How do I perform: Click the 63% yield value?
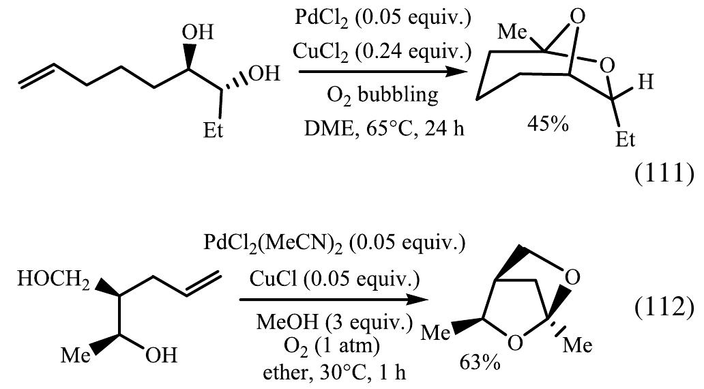click(480, 362)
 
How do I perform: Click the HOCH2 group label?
click(54, 280)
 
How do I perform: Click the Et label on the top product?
click(626, 140)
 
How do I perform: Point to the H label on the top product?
click(645, 82)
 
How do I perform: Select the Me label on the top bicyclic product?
click(512, 32)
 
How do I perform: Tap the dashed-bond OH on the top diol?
click(265, 74)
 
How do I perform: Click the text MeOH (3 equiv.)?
click(334, 322)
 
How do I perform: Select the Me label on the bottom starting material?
click(76, 356)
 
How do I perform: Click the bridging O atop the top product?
click(578, 17)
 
